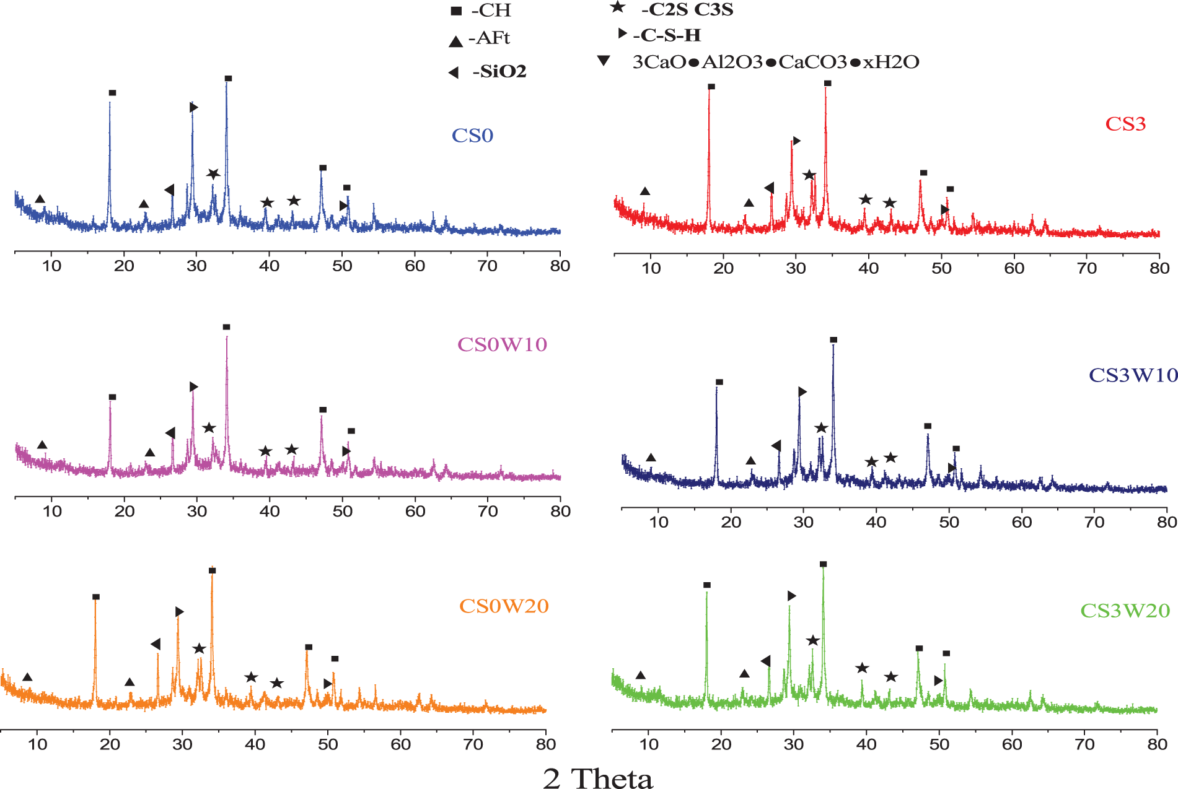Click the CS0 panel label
click(472, 136)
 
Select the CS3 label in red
click(1125, 124)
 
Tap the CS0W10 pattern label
click(502, 344)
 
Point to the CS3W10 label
click(1133, 375)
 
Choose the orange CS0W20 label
click(504, 606)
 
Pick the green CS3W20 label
click(1125, 611)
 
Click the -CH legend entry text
click(491, 11)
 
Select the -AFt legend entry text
click(489, 38)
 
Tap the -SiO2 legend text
click(499, 72)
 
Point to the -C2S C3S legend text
click(687, 10)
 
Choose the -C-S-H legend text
click(667, 35)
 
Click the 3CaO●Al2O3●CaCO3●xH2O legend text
click(776, 62)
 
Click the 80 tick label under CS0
click(560, 266)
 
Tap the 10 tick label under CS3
click(651, 268)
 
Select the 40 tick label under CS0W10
click(270, 512)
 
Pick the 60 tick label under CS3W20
click(1012, 744)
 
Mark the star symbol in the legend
click(617, 7)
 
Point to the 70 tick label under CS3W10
click(1094, 522)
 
